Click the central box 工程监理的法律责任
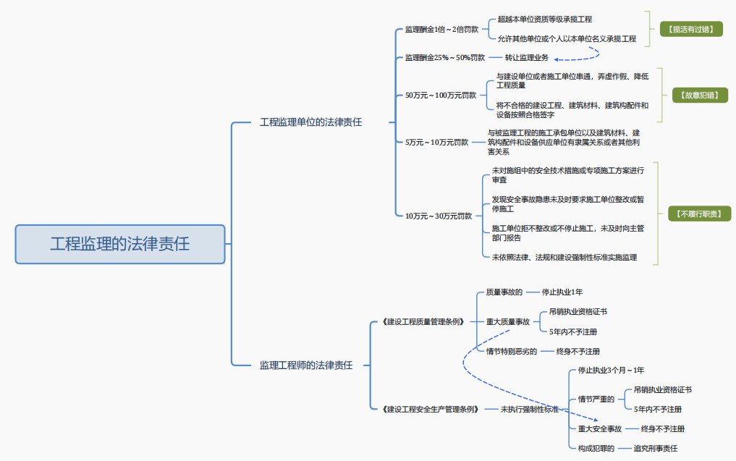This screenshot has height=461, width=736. (120, 244)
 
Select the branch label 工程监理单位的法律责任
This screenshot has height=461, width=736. (310, 122)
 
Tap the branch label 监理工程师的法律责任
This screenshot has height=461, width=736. (306, 365)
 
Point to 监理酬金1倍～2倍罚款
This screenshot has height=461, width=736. (441, 30)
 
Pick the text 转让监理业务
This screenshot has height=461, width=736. (526, 57)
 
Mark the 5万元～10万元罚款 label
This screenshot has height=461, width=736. (436, 142)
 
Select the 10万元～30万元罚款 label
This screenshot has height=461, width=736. (439, 216)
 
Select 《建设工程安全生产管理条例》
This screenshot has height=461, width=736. (430, 409)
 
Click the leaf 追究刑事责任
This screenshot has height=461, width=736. (655, 449)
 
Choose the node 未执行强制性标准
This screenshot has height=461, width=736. (530, 409)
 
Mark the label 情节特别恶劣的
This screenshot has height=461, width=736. (512, 351)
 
